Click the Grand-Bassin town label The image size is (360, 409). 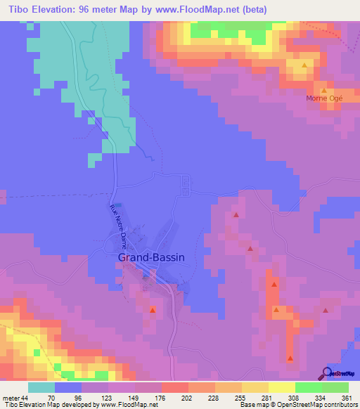point(151,257)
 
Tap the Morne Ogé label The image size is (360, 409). point(323,98)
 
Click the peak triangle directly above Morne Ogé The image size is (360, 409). point(323,90)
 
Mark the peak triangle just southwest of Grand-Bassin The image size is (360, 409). point(153,309)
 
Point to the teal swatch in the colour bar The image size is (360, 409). point(41,387)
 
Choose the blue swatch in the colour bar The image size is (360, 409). point(68,387)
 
